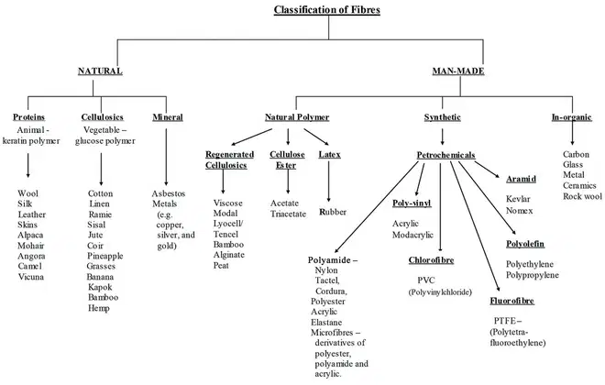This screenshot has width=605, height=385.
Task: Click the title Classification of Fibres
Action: [327, 10]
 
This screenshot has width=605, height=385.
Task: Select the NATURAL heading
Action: [100, 71]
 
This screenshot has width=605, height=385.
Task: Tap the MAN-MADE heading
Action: [458, 71]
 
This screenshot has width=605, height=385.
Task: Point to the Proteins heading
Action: [29, 117]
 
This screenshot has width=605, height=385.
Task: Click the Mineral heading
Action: [168, 117]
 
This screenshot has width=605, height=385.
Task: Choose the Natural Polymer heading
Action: [297, 117]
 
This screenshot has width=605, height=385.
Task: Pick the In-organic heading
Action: [571, 117]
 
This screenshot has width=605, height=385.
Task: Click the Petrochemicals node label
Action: [445, 155]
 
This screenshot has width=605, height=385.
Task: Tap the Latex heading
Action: [329, 154]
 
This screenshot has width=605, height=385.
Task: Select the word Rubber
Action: [333, 212]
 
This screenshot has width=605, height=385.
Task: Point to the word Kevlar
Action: [518, 199]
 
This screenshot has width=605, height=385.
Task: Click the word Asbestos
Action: [169, 193]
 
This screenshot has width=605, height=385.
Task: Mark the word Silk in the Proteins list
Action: [25, 203]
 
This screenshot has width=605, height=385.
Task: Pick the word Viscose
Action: [227, 203]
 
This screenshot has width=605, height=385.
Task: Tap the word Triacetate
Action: [288, 214]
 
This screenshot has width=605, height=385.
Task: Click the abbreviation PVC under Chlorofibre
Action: [426, 280]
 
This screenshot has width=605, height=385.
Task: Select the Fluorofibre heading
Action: [512, 301]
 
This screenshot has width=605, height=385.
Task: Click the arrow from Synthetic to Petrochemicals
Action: [442, 137]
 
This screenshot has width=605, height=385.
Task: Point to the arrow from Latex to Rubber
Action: [329, 181]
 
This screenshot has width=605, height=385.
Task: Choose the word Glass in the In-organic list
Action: [573, 165]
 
